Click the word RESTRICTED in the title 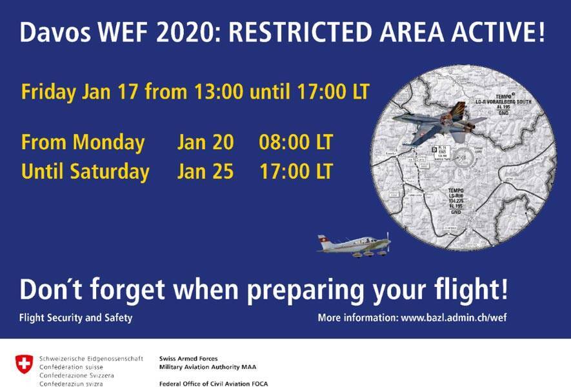pyautogui.click(x=301, y=33)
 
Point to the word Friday pyautogui.click(x=49, y=92)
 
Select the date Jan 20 pyautogui.click(x=205, y=142)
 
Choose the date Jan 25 pyautogui.click(x=205, y=172)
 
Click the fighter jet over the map pyautogui.click(x=439, y=124)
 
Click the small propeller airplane pyautogui.click(x=355, y=245)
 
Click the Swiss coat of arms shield pyautogui.click(x=23, y=364)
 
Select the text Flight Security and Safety pyautogui.click(x=75, y=318)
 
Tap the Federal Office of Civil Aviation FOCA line pyautogui.click(x=214, y=384)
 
